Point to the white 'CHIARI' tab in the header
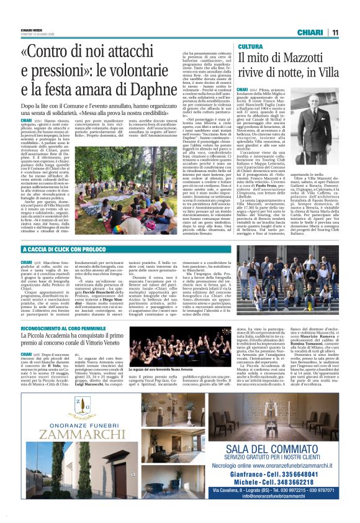tap(311, 32)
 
